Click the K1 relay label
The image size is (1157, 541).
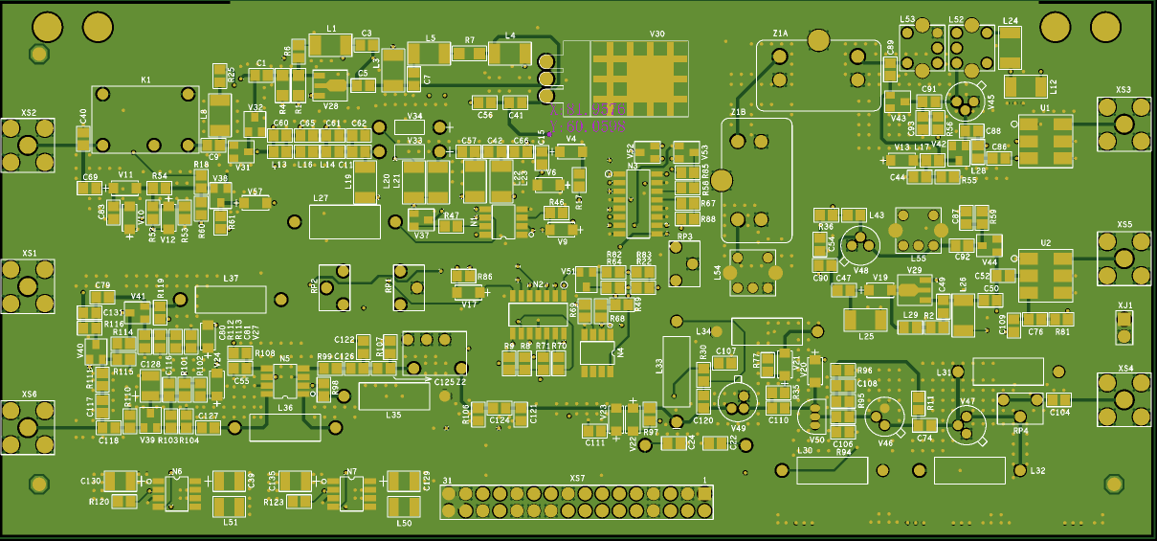point(145,79)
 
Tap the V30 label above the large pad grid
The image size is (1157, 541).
point(656,34)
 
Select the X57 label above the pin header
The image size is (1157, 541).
point(577,478)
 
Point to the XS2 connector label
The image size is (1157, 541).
point(29,113)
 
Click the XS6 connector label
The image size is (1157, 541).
point(29,394)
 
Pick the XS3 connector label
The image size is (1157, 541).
point(1124,90)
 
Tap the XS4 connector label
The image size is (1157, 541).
point(1125,369)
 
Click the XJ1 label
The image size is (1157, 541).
point(1125,306)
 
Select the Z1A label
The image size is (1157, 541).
point(780,34)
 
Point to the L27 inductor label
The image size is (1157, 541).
point(321,198)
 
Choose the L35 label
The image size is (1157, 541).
point(393,415)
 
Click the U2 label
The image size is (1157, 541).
point(1045,243)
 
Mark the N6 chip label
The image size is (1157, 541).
point(175,471)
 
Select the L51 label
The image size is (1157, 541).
point(230,522)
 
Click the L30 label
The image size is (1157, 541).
point(805,450)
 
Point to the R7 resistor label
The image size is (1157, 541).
point(469,40)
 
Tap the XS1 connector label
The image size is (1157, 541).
point(30,254)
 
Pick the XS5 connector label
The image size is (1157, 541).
point(1124,225)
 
